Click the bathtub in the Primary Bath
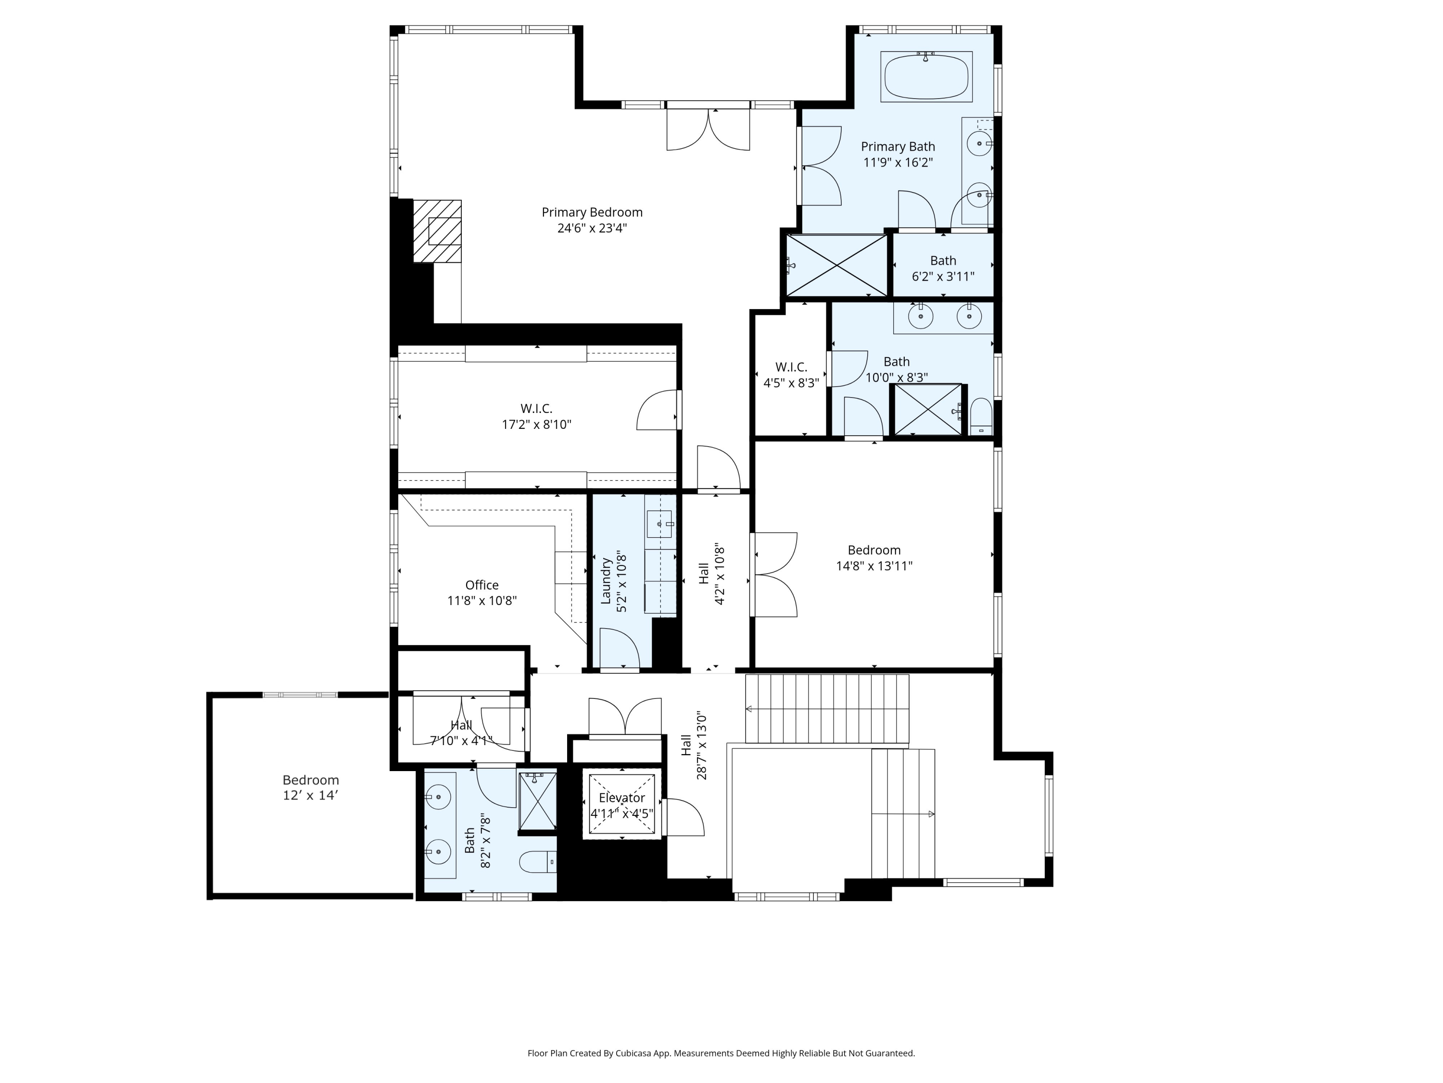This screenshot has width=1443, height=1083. coord(926,77)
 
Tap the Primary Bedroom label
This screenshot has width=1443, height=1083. coord(592,212)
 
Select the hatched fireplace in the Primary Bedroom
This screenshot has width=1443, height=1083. coord(437,231)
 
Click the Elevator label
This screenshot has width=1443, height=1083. coord(621,798)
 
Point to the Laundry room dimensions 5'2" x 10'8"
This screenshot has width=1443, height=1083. coord(621,582)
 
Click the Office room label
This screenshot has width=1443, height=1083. coord(481,585)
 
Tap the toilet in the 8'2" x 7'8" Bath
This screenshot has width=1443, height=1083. coord(538,862)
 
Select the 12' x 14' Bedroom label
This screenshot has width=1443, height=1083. coord(311,780)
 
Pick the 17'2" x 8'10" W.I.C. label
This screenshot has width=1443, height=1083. coord(536,409)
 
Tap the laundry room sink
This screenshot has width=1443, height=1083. coord(659,524)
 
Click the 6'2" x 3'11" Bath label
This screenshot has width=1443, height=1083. coord(943,260)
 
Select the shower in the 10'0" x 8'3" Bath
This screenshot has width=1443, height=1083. coord(927,409)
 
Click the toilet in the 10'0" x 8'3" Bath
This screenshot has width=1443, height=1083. coord(981,416)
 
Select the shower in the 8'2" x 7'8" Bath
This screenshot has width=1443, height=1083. coord(538,801)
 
